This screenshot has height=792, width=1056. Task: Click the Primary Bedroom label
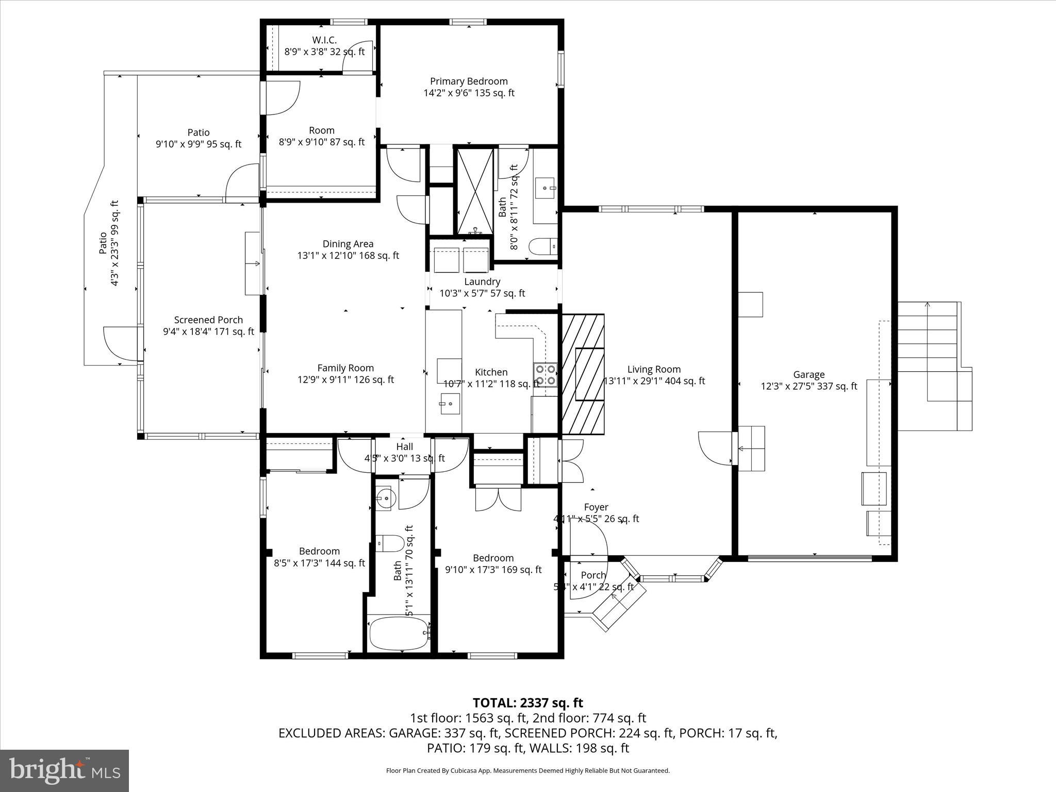(469, 81)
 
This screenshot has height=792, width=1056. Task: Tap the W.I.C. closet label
(324, 40)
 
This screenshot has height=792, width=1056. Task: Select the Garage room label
(808, 375)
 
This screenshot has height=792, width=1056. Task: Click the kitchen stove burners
(546, 375)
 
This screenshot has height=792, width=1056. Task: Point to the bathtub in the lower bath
(399, 634)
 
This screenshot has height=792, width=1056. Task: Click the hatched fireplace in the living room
(583, 374)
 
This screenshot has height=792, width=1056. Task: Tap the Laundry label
(482, 282)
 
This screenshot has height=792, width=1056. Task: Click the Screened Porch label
(208, 320)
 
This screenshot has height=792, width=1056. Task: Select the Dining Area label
(348, 244)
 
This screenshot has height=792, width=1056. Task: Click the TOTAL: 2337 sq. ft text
(527, 703)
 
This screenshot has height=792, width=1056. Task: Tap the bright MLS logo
(64, 770)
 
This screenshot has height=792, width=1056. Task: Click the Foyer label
(596, 507)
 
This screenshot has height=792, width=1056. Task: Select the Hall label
(404, 447)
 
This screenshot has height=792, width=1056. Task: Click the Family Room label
(345, 368)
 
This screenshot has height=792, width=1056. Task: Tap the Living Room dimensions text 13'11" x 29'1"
(654, 382)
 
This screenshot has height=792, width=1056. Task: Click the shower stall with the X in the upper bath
(475, 191)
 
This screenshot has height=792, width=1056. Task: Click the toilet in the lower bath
(390, 543)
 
